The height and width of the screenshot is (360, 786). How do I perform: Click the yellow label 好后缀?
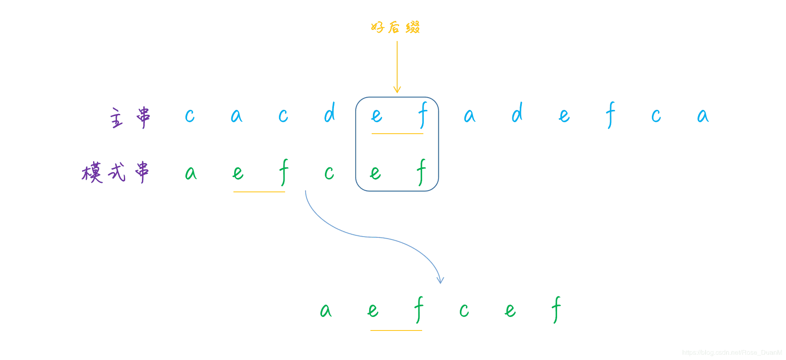click(x=395, y=27)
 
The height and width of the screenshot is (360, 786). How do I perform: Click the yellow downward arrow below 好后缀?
click(x=397, y=67)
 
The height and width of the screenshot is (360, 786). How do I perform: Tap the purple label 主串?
click(x=130, y=118)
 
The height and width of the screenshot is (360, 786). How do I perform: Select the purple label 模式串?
click(x=115, y=172)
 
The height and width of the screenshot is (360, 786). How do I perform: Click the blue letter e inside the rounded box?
click(x=377, y=116)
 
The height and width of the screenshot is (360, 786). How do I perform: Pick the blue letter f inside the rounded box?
click(x=423, y=115)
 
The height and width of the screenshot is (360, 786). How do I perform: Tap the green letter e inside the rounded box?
click(x=375, y=173)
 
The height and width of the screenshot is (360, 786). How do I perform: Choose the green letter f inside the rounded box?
click(x=421, y=172)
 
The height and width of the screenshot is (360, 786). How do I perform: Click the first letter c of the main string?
click(x=190, y=116)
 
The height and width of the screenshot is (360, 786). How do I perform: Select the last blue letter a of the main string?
click(x=703, y=116)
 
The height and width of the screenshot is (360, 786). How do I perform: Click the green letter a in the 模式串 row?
click(x=191, y=173)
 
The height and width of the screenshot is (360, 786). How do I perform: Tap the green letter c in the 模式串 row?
click(x=329, y=173)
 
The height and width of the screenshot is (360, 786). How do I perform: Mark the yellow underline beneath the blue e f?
click(x=397, y=134)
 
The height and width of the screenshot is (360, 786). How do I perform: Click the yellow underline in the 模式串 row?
click(x=259, y=191)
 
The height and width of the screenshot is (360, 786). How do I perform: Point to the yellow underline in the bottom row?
click(x=396, y=330)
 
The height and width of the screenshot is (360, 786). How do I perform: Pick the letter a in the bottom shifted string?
click(x=326, y=310)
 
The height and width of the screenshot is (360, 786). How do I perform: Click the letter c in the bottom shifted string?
click(x=464, y=310)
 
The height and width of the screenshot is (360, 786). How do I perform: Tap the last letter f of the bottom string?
click(x=556, y=310)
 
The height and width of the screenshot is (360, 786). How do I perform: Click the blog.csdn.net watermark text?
click(x=732, y=353)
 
